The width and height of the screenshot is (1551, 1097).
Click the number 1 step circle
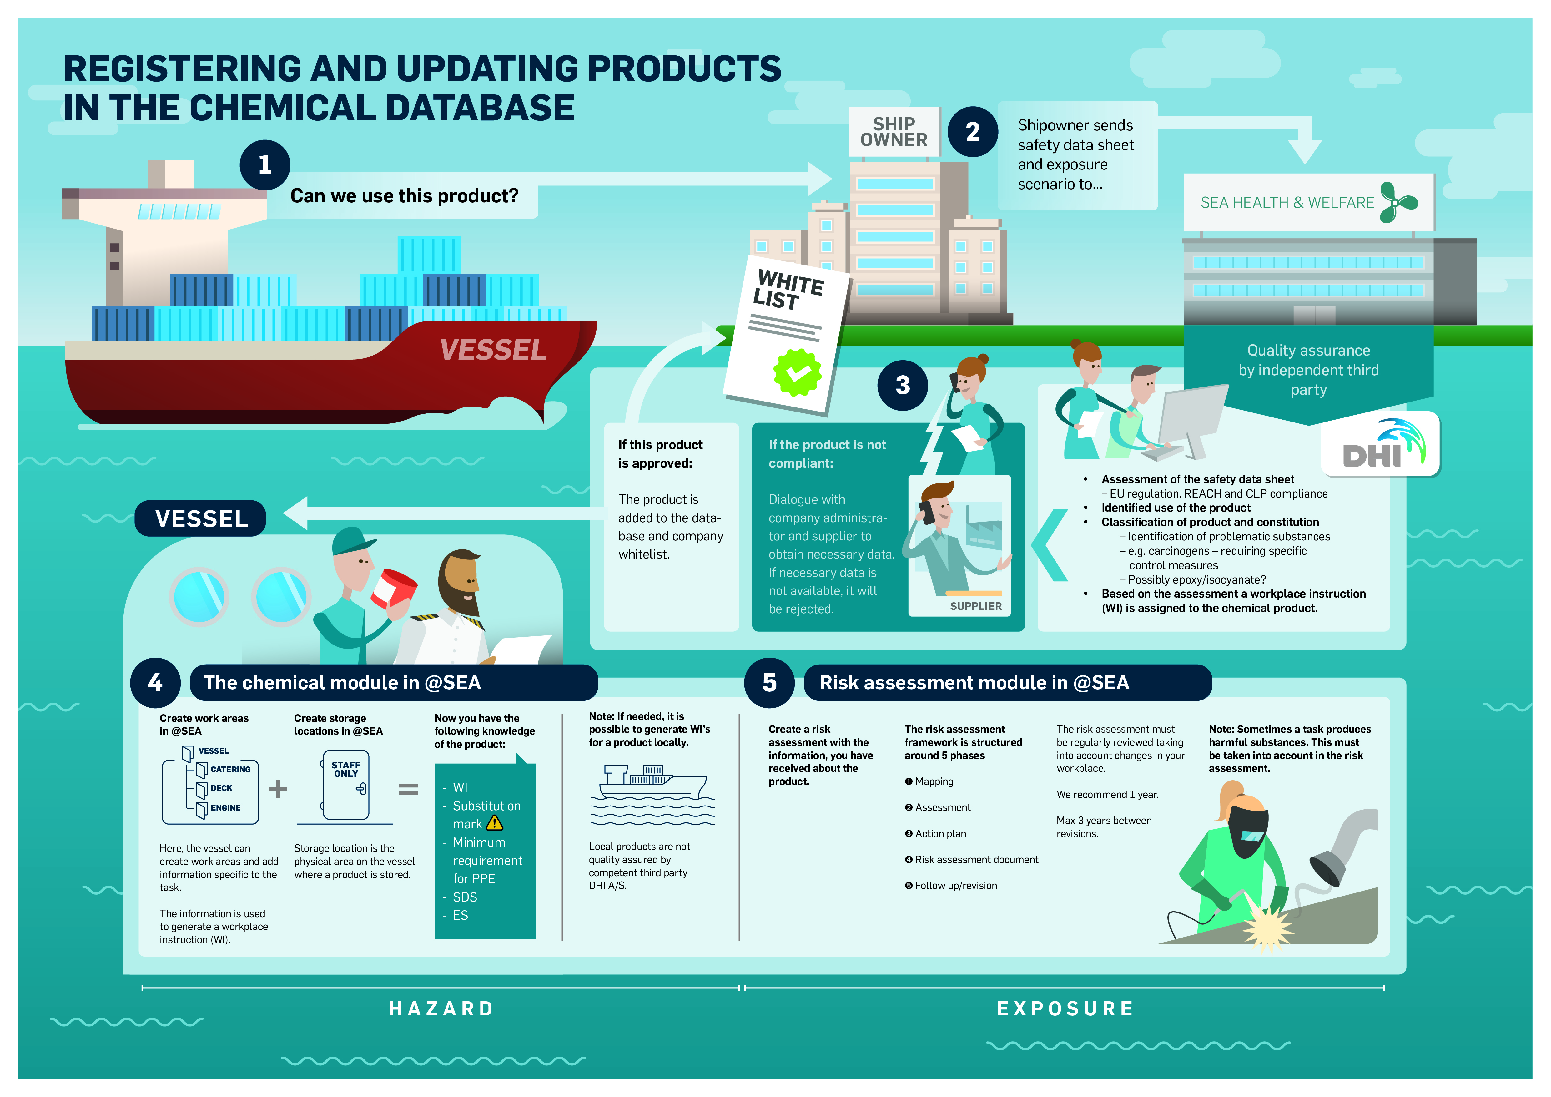click(x=265, y=165)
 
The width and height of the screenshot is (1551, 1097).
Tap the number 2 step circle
click(x=973, y=132)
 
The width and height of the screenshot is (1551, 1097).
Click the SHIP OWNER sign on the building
click(x=894, y=132)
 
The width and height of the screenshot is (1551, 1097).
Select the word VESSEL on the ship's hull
click(x=493, y=350)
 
